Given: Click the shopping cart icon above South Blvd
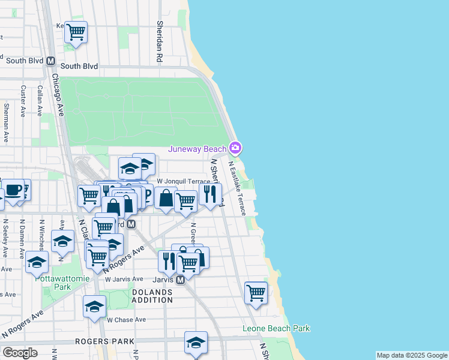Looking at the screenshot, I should (x=76, y=31).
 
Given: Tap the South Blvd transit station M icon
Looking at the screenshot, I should (x=50, y=61).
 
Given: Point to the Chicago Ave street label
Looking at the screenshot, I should (x=58, y=94).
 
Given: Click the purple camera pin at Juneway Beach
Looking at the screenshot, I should (x=235, y=148).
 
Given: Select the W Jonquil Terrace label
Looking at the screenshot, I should (x=183, y=181).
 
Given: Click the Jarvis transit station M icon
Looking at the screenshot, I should (x=180, y=280).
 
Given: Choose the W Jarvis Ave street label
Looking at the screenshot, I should (x=124, y=279).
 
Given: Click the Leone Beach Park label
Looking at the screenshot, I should (x=276, y=329).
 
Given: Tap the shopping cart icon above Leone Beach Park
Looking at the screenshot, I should (x=256, y=293).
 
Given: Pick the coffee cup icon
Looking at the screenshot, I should (x=13, y=190).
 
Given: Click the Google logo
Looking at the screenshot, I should (x=20, y=353).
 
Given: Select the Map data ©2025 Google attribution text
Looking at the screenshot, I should (x=411, y=355).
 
